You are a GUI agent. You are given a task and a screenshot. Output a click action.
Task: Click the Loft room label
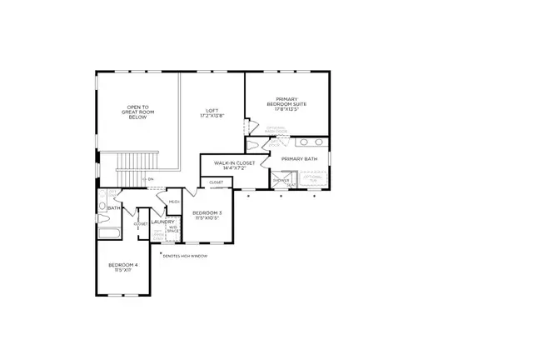212,113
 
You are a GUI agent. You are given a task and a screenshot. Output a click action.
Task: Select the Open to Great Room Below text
137,112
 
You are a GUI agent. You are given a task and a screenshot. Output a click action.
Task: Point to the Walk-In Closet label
234,166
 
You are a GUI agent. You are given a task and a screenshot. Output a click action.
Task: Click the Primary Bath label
299,158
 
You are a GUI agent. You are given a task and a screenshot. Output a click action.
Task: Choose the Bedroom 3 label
206,216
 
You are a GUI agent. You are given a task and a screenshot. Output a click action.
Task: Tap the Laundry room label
162,222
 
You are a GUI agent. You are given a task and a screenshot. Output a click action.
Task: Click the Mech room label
174,202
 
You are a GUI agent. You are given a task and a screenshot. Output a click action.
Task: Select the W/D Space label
173,229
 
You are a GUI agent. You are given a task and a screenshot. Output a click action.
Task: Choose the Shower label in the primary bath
281,179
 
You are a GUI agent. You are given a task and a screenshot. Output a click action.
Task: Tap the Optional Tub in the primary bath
313,178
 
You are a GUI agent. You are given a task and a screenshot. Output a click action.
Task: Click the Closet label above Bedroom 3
216,182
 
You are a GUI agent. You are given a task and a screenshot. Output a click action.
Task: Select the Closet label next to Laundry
141,223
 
